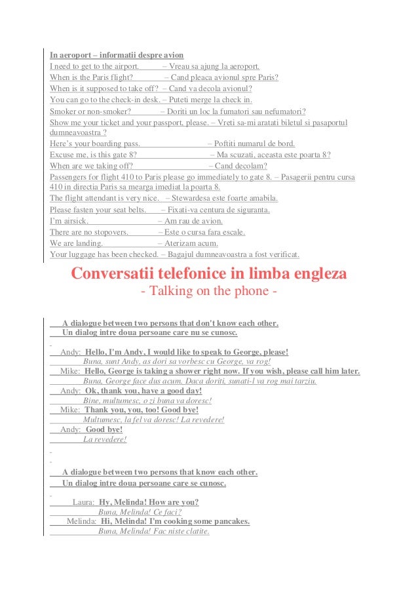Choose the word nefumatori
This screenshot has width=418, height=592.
(284, 111)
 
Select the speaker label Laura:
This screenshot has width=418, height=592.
(83, 502)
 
